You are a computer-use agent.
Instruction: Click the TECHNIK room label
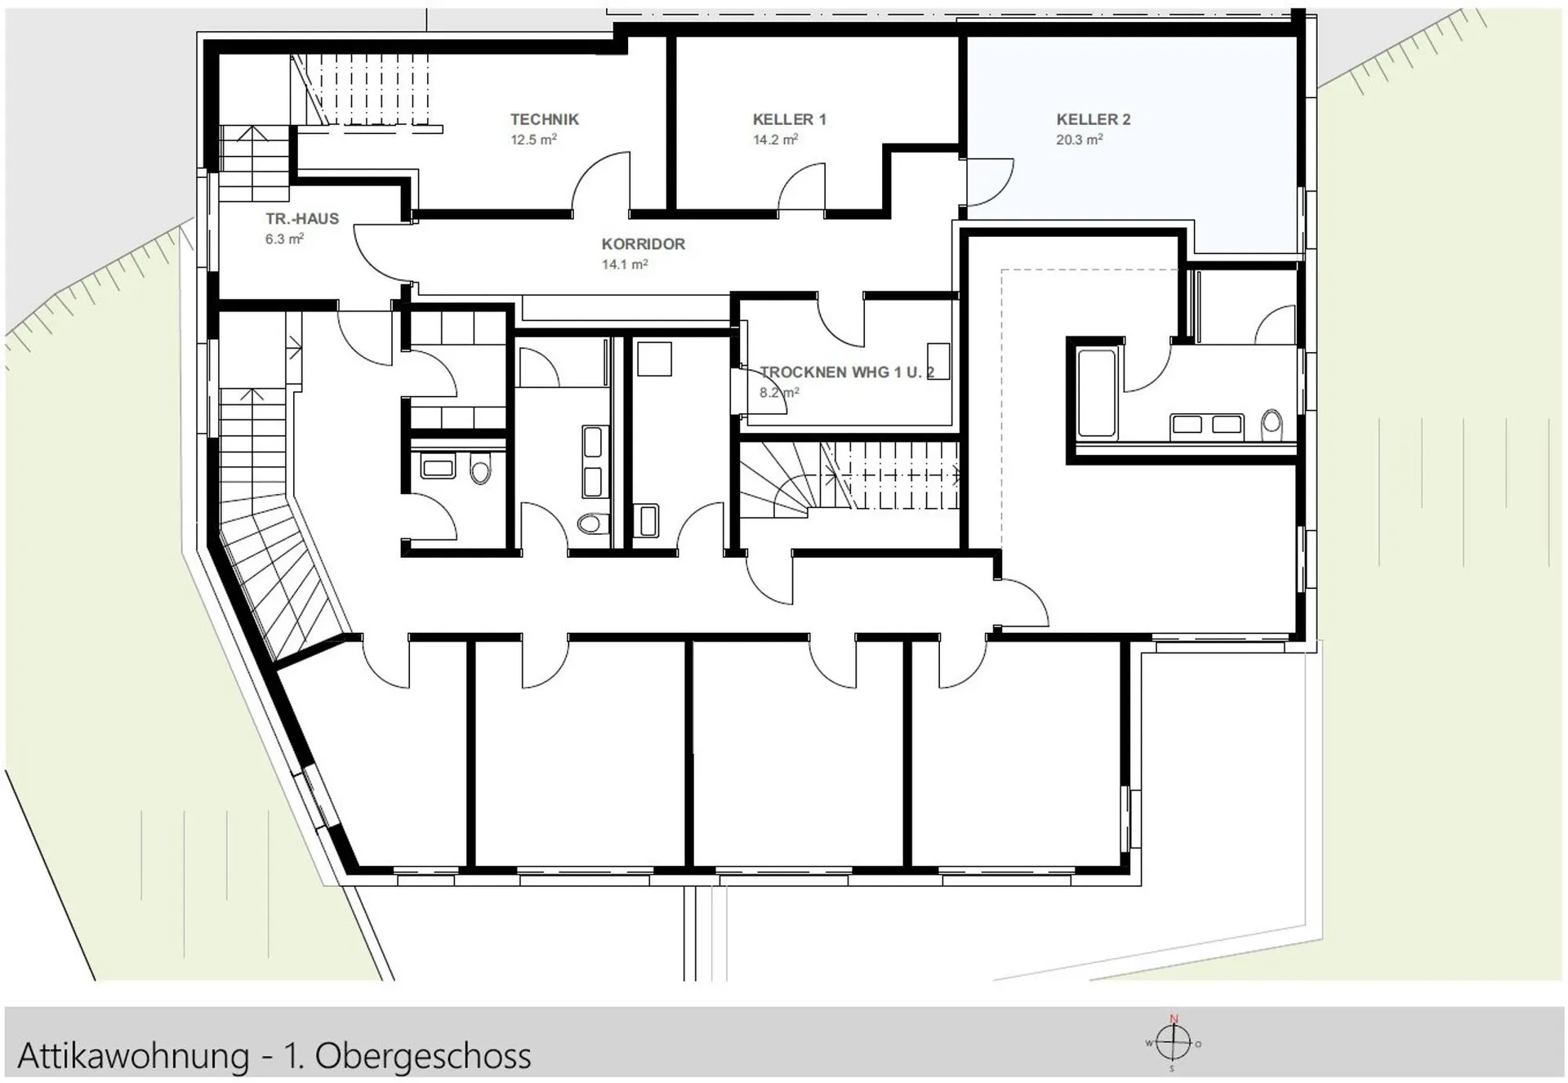point(545,119)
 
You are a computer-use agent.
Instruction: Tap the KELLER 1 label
point(789,119)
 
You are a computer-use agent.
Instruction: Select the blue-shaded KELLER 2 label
point(1093,119)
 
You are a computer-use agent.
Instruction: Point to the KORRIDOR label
point(644,244)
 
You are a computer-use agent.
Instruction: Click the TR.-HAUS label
point(302,219)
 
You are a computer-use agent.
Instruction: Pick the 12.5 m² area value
point(533,140)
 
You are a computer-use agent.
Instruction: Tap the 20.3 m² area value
point(1079,140)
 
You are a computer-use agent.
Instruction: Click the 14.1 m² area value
point(625,265)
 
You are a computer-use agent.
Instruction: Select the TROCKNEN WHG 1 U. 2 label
point(847,372)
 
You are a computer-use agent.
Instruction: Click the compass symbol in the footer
point(1174,1044)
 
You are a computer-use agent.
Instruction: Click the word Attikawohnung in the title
point(133,1056)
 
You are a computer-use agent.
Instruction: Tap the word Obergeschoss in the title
point(423,1056)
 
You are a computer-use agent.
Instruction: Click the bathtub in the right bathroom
point(1096,394)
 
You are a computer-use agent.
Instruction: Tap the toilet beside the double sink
point(1272,424)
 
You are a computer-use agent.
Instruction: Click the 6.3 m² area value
point(284,239)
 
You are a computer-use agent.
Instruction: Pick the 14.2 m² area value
point(775,140)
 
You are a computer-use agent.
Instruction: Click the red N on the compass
point(1174,1018)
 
